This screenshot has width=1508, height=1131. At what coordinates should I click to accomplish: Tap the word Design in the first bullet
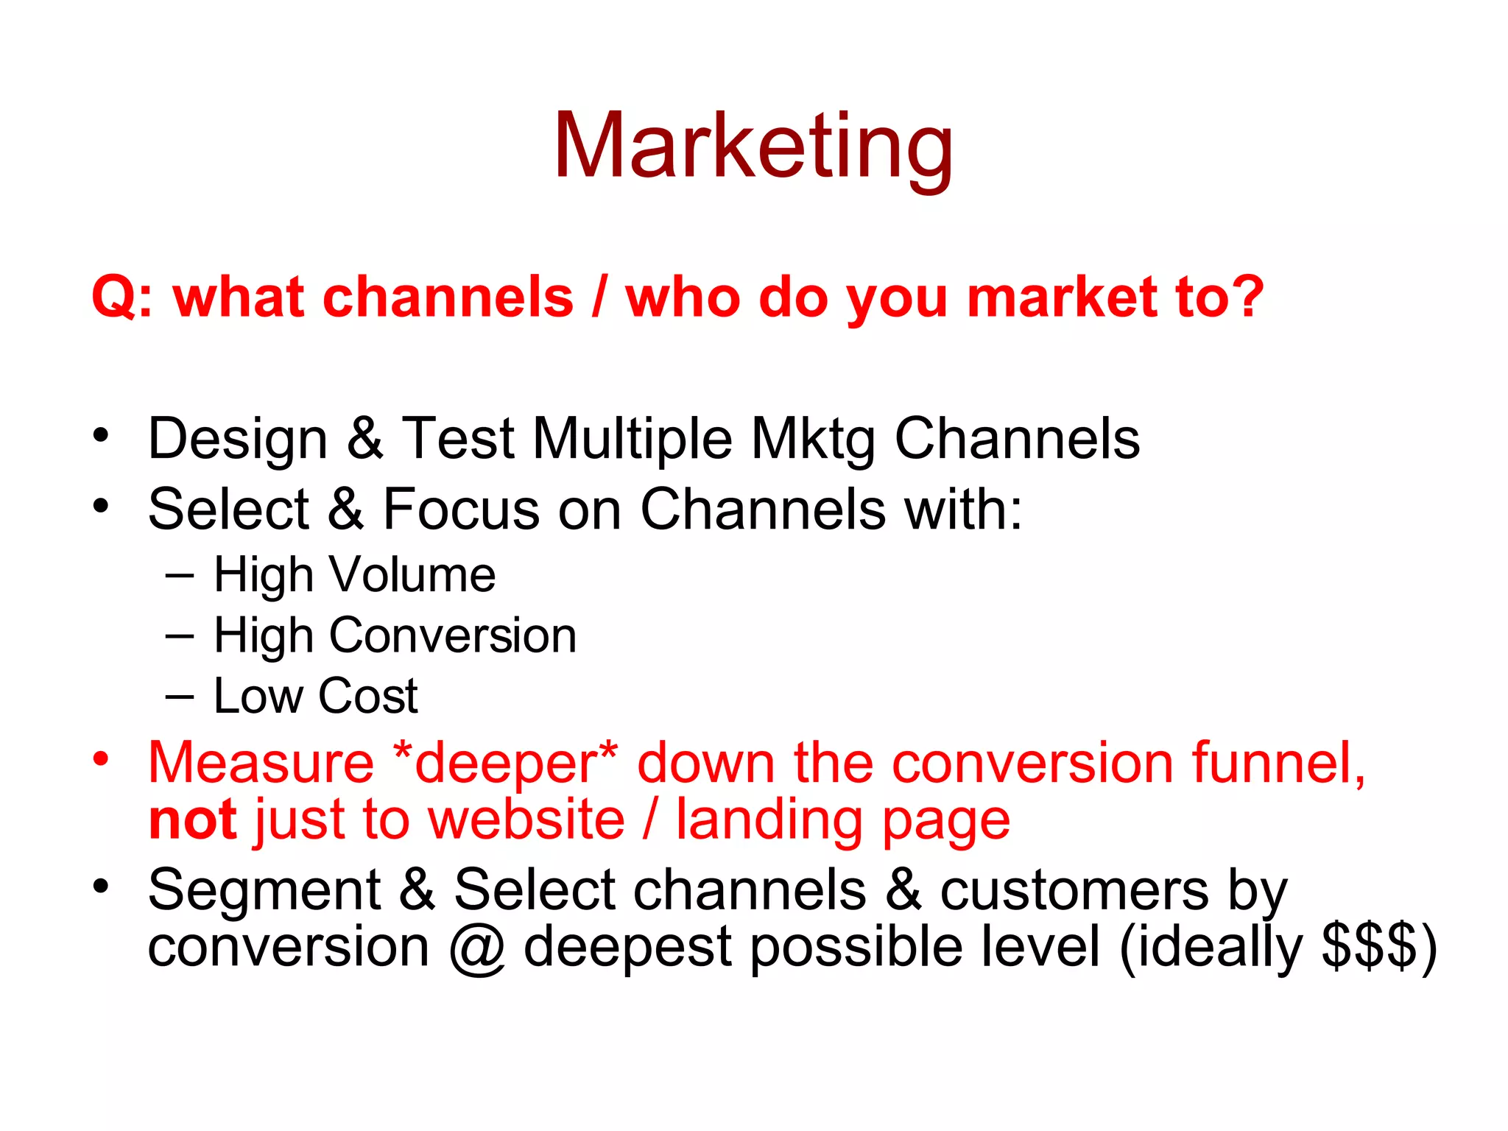pos(237,440)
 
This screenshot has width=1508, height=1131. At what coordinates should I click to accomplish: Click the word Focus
pos(461,510)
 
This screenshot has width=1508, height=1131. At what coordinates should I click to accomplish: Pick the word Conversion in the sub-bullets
pos(452,635)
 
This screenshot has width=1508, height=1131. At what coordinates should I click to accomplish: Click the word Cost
pos(367,696)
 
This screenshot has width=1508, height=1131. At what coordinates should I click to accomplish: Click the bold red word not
pos(191,820)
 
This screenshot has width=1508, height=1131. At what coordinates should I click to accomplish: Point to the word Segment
pos(264,890)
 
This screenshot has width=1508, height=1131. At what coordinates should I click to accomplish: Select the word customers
pos(1074,890)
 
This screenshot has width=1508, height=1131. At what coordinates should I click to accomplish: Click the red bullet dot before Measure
pos(101,758)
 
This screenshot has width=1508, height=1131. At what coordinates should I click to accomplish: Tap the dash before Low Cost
pos(180,696)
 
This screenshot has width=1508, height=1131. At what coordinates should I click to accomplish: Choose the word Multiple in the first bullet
pos(632,440)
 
